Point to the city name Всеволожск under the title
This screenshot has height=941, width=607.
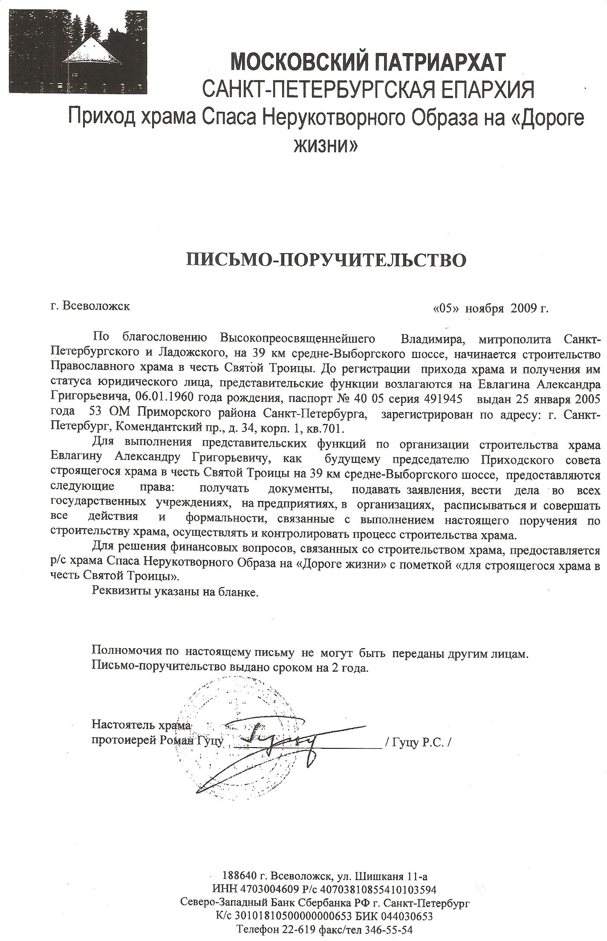click(96, 306)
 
